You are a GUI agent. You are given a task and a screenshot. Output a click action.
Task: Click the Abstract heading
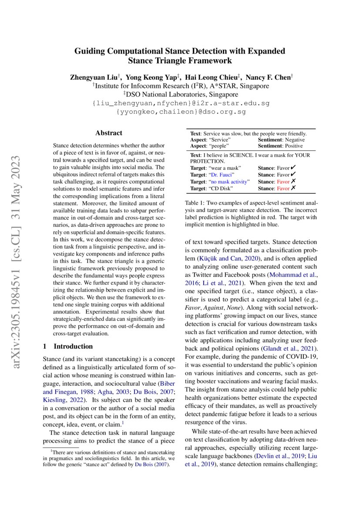pos(109,133)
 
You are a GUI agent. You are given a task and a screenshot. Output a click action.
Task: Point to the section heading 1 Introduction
pos(68,346)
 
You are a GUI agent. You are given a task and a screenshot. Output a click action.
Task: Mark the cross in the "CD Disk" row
pos(293,188)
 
